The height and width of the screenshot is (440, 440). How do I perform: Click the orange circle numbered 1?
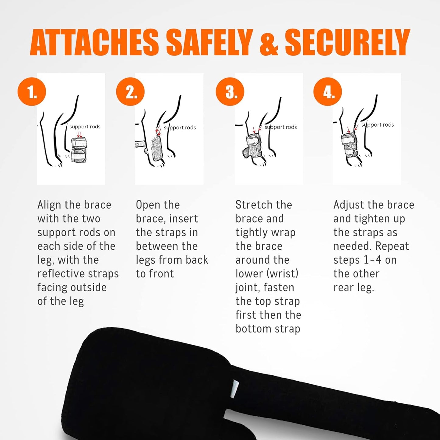click(x=32, y=92)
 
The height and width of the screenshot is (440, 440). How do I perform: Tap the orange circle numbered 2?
click(x=130, y=92)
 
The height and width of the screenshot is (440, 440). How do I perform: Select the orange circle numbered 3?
click(x=230, y=92)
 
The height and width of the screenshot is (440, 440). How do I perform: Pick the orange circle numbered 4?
click(x=328, y=92)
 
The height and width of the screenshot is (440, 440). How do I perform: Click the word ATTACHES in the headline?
click(x=94, y=42)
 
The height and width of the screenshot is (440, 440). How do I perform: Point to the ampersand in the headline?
click(x=269, y=42)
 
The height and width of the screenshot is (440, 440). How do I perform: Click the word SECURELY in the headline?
click(x=347, y=42)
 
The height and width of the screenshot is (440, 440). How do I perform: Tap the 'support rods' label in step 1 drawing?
click(x=85, y=127)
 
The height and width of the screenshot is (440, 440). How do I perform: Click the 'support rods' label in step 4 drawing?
click(x=378, y=125)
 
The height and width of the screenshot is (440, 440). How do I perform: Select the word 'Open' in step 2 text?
click(x=146, y=205)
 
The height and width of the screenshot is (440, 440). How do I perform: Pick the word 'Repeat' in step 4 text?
click(x=392, y=246)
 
